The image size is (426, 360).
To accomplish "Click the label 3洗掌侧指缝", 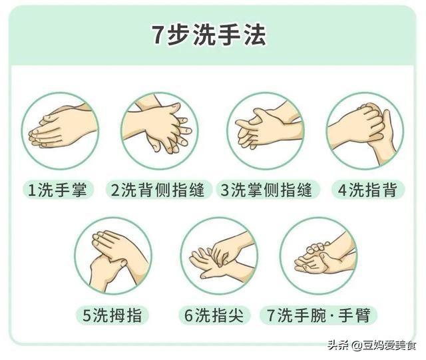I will tap(266, 190).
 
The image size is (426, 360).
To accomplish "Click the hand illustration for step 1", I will tap(59, 131).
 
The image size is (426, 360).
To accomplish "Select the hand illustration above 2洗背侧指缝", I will tap(157, 131).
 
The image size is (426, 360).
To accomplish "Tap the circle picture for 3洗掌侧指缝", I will tap(266, 131).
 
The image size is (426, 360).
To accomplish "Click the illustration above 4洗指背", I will tap(366, 131).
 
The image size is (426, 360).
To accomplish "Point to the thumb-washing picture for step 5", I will tap(113, 256).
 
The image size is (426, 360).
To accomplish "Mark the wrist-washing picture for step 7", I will tap(319, 256).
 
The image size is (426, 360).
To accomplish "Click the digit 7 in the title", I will tap(157, 35).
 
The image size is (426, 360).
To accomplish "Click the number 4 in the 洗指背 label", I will tap(342, 190).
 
